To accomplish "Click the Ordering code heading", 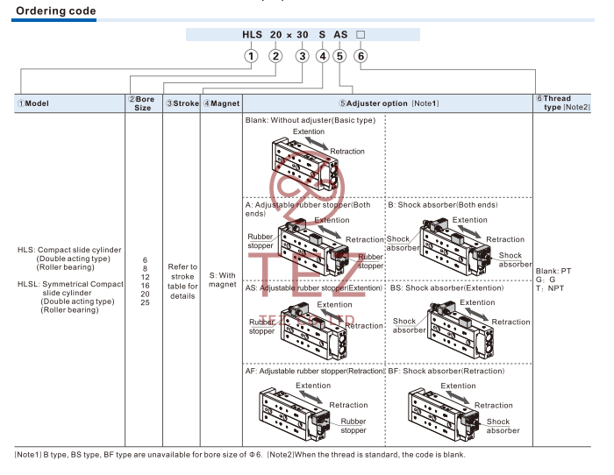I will coord(55,11).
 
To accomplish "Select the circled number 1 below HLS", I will coord(251,56).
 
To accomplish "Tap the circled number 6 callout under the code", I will coord(361,56).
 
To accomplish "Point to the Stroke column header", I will coord(182,104).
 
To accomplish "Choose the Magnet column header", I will coord(221,104).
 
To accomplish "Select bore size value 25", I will coord(145,303).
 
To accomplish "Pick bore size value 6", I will coord(145,260).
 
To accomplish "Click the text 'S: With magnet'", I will coord(223,279).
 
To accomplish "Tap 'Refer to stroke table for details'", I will coord(182,281).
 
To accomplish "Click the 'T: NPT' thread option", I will coord(550,288).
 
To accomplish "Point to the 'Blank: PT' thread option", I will coord(553,271).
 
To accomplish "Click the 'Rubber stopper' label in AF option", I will coord(353,426).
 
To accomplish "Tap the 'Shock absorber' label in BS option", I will coord(409,325).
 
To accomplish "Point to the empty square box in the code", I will coord(360,34).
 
